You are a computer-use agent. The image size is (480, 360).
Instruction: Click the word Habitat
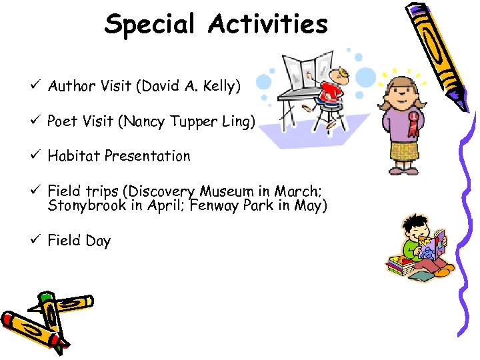click(x=71, y=156)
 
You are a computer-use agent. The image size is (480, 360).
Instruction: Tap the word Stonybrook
click(x=87, y=205)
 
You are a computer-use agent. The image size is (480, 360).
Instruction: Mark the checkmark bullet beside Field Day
click(x=37, y=239)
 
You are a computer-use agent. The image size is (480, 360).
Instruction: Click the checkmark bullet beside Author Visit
click(x=37, y=85)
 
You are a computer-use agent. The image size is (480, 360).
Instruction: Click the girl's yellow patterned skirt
click(x=404, y=152)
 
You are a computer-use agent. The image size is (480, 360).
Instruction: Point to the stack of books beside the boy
click(x=399, y=267)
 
